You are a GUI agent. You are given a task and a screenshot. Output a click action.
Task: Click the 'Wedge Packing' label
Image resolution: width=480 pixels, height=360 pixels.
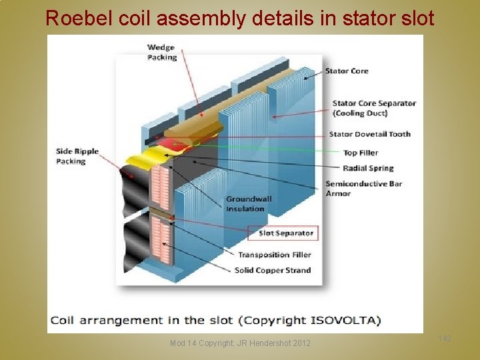tap(162, 52)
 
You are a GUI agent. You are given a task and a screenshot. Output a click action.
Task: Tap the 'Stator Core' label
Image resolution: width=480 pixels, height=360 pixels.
tap(346, 71)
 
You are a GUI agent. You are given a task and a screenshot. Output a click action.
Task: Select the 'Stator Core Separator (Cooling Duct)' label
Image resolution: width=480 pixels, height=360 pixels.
tap(373, 108)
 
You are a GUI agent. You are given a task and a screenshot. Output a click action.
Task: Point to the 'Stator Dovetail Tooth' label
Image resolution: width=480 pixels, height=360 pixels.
tap(369, 134)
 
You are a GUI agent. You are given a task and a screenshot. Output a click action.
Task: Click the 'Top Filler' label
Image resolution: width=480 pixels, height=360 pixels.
tap(360, 153)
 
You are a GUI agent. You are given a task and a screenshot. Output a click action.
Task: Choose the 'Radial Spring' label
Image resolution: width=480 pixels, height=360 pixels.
tap(368, 168)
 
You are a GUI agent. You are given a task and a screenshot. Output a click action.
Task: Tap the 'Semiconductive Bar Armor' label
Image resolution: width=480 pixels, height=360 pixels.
tap(363, 188)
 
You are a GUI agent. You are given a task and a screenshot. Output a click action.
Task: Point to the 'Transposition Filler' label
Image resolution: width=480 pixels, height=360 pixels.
tap(274, 255)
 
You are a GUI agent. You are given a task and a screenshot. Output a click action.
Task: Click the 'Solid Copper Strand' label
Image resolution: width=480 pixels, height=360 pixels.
tap(272, 270)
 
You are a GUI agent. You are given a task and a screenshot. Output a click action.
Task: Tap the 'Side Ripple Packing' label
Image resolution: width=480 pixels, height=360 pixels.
tap(77, 156)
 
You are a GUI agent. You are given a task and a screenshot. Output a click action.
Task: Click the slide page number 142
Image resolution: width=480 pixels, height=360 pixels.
tap(445, 339)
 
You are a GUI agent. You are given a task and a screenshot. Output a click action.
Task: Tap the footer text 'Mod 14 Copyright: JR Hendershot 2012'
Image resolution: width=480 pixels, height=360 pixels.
tap(240, 343)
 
